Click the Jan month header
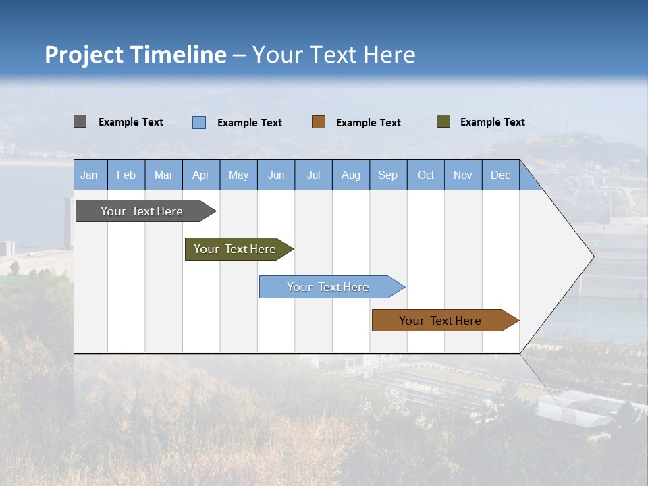click(89, 175)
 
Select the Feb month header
click(126, 175)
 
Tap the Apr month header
click(200, 175)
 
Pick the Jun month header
click(276, 175)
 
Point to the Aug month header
click(350, 175)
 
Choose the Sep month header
click(387, 175)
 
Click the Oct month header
click(426, 175)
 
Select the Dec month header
click(500, 175)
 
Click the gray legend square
click(80, 122)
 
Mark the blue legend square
click(199, 122)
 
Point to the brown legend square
click(319, 122)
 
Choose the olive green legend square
click(443, 122)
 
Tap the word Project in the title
click(84, 55)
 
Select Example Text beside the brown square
click(368, 123)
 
